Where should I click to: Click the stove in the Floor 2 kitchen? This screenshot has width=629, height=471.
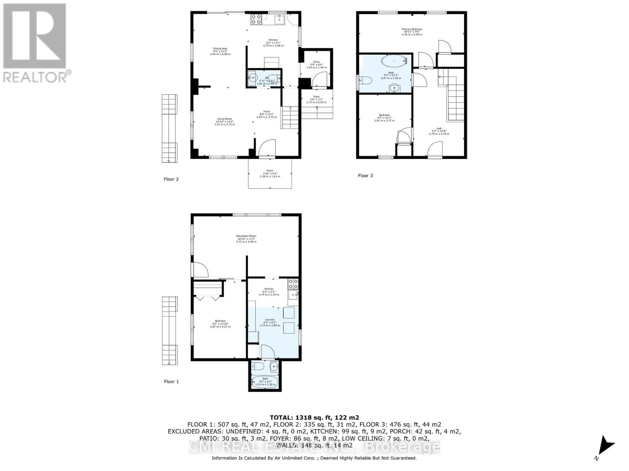(256, 19)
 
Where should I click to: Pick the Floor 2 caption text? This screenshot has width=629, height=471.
(171, 179)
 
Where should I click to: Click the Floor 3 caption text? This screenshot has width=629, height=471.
(365, 176)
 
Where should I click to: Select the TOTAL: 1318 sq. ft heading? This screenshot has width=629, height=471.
(314, 418)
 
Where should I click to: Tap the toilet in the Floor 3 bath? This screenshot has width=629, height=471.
(365, 81)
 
